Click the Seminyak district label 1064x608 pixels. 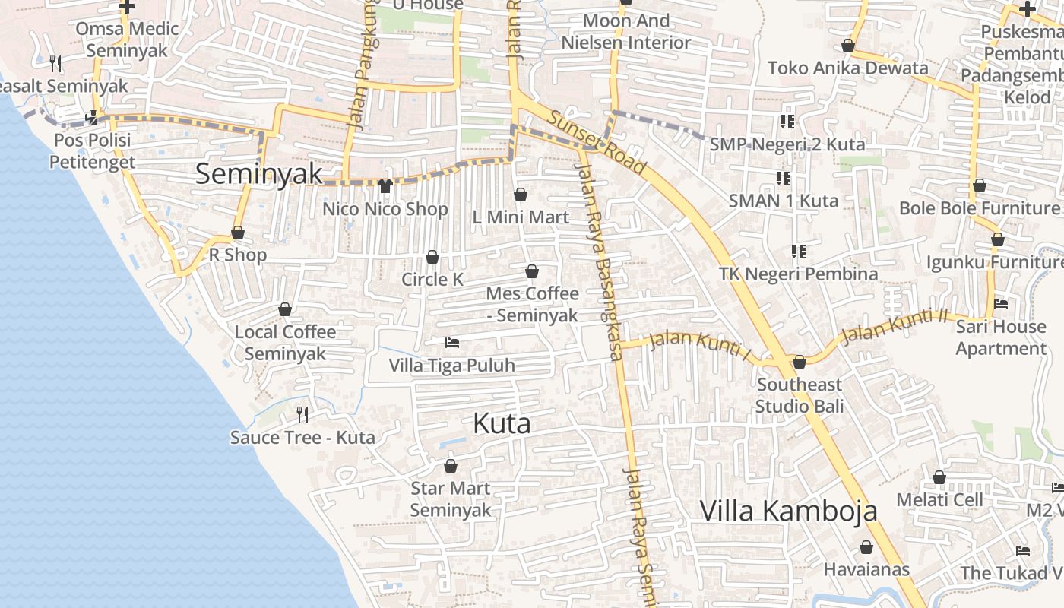(x=259, y=174)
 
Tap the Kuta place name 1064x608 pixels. (x=502, y=423)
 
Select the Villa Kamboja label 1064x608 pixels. (x=788, y=511)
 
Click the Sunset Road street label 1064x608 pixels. (x=597, y=142)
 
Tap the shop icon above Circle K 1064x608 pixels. (x=432, y=258)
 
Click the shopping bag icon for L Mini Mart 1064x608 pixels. (x=521, y=195)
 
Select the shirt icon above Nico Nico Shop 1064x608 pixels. (x=385, y=186)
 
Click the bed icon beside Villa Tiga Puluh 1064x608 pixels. (x=452, y=343)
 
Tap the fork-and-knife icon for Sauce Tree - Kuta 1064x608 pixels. (x=302, y=414)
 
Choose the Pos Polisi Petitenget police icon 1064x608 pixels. (x=92, y=118)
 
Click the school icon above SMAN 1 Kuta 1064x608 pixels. (x=784, y=179)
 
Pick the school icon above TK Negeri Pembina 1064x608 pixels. (x=798, y=251)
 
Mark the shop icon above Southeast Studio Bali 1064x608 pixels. (x=800, y=362)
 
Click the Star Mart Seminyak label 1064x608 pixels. (x=451, y=499)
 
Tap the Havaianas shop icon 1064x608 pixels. (x=866, y=547)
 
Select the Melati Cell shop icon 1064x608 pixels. (x=939, y=477)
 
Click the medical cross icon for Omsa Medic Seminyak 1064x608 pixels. (x=127, y=7)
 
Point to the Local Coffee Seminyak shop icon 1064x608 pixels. (x=285, y=309)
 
